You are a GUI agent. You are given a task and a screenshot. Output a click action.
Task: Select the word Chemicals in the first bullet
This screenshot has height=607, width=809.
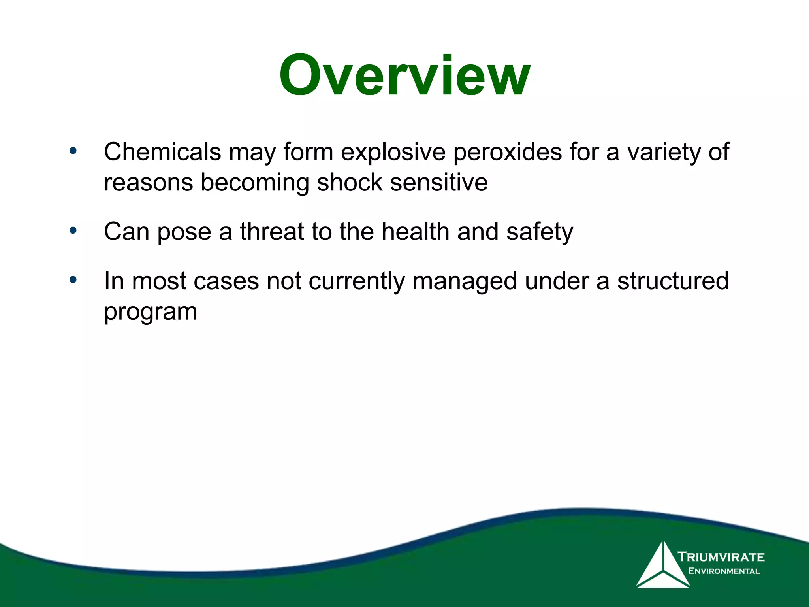click(162, 152)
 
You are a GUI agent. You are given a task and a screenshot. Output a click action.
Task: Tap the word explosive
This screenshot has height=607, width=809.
click(393, 152)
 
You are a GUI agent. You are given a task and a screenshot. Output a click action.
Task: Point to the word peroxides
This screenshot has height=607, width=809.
click(507, 152)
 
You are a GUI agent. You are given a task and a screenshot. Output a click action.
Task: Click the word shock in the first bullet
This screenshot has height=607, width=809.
click(350, 183)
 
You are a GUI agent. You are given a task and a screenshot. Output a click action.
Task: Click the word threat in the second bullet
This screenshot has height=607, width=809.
click(272, 232)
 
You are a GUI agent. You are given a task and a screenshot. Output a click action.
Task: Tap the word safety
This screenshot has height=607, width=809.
click(539, 232)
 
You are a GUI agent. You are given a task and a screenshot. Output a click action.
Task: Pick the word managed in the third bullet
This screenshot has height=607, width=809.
click(465, 281)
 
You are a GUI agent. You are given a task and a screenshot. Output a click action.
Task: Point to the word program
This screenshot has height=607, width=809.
click(151, 313)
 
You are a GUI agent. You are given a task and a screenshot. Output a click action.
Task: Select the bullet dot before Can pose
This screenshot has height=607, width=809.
click(73, 230)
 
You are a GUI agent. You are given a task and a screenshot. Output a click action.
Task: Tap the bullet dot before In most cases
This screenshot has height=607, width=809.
click(73, 280)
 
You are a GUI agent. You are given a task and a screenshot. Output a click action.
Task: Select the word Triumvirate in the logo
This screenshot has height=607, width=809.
click(721, 557)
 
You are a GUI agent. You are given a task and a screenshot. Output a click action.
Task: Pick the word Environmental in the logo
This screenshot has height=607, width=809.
click(724, 571)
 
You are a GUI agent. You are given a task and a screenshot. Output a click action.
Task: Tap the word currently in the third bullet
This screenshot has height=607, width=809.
click(356, 281)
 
